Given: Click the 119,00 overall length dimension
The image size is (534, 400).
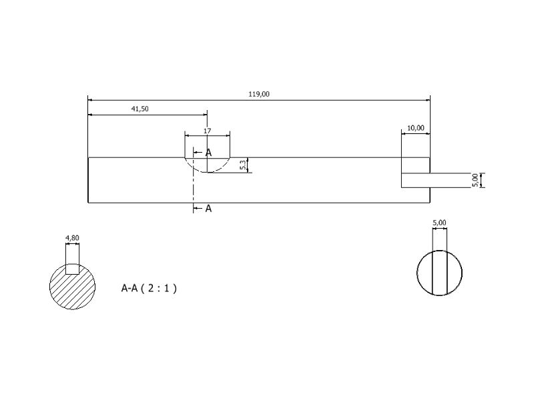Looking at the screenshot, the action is (259, 94).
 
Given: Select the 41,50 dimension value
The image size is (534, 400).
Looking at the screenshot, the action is (140, 109).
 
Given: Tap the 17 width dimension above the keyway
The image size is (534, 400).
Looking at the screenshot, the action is (208, 131).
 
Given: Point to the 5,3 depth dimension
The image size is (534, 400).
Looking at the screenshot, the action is (243, 165).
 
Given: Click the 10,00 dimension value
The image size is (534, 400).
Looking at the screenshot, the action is (416, 128).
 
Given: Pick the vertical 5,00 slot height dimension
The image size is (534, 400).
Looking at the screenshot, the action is (475, 180).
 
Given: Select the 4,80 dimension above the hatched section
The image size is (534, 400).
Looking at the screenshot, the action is (72, 238).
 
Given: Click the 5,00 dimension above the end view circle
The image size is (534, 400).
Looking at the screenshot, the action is (439, 223).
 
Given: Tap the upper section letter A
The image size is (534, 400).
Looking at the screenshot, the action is (208, 153).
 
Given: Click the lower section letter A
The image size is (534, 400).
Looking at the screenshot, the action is (208, 209).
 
